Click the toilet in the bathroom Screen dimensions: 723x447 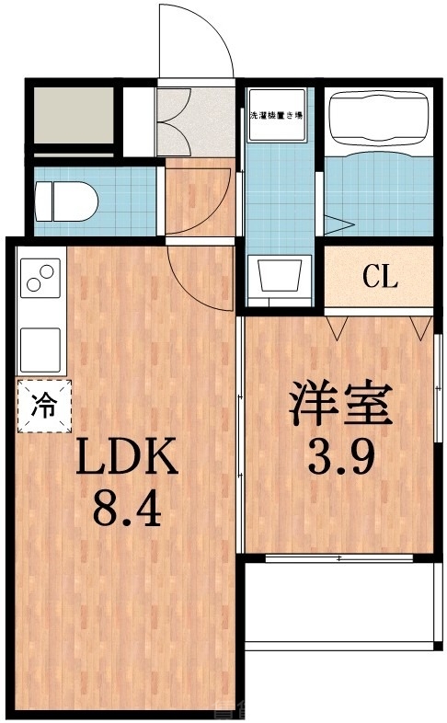[64, 197]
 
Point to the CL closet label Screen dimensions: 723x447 [379, 276]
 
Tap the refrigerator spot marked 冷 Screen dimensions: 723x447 [43, 406]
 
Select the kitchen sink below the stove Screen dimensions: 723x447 [40, 349]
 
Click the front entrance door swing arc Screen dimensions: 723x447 [195, 41]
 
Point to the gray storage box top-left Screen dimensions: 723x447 [74, 115]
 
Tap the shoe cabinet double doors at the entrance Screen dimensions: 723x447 [175, 120]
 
